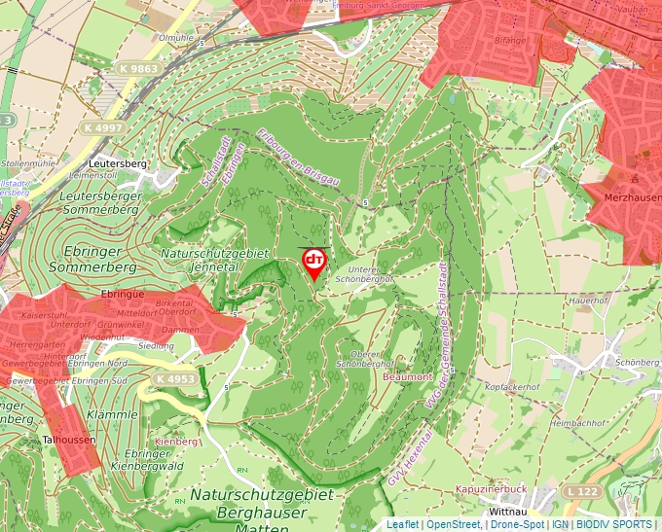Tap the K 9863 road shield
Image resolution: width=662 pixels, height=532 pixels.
point(139,69)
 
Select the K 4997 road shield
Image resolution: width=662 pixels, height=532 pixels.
point(102,127)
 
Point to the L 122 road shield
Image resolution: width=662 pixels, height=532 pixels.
point(580,493)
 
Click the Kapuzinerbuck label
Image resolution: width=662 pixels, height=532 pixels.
point(490,489)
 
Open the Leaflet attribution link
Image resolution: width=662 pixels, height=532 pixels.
point(402,524)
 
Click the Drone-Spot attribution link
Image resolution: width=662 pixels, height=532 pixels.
point(516,524)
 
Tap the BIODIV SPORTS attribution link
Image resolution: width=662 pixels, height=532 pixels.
point(616,524)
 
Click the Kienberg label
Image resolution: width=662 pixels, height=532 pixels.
point(176,442)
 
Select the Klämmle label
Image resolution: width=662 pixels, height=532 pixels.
point(112,414)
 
